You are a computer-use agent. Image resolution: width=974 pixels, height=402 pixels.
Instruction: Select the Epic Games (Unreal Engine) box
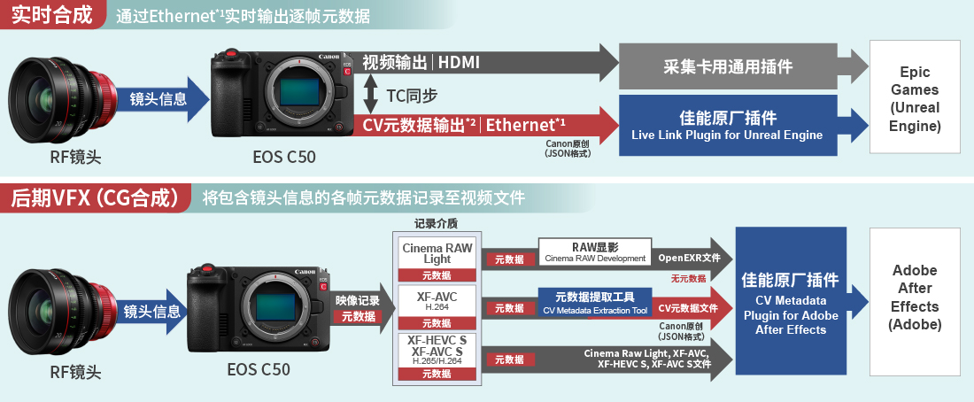coord(915,99)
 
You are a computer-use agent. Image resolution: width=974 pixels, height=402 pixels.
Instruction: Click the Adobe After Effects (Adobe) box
coord(915,298)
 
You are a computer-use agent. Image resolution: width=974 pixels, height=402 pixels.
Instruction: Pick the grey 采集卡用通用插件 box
coord(727,66)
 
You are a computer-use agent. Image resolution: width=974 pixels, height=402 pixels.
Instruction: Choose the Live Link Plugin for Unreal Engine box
coord(727,125)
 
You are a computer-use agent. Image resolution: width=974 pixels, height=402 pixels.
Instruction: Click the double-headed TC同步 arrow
coord(371,94)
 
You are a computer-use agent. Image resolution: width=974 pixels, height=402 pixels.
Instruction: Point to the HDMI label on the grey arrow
coord(459,62)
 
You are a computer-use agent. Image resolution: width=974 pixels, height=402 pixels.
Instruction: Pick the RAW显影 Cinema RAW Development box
coord(594,251)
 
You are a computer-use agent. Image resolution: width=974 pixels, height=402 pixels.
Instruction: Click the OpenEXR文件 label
coord(689,258)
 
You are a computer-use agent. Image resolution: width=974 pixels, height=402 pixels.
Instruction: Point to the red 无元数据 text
coord(689,278)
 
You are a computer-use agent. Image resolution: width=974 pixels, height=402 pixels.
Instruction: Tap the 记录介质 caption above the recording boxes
coord(437,223)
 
